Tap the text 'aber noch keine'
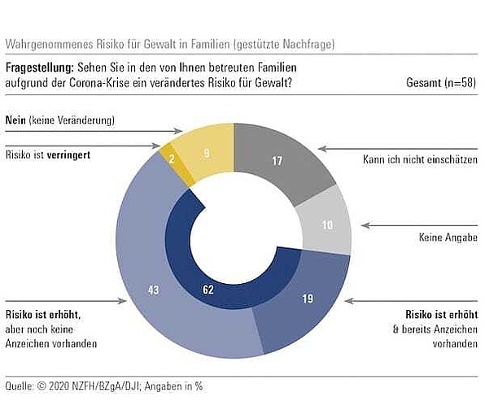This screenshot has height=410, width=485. coord(39,329)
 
